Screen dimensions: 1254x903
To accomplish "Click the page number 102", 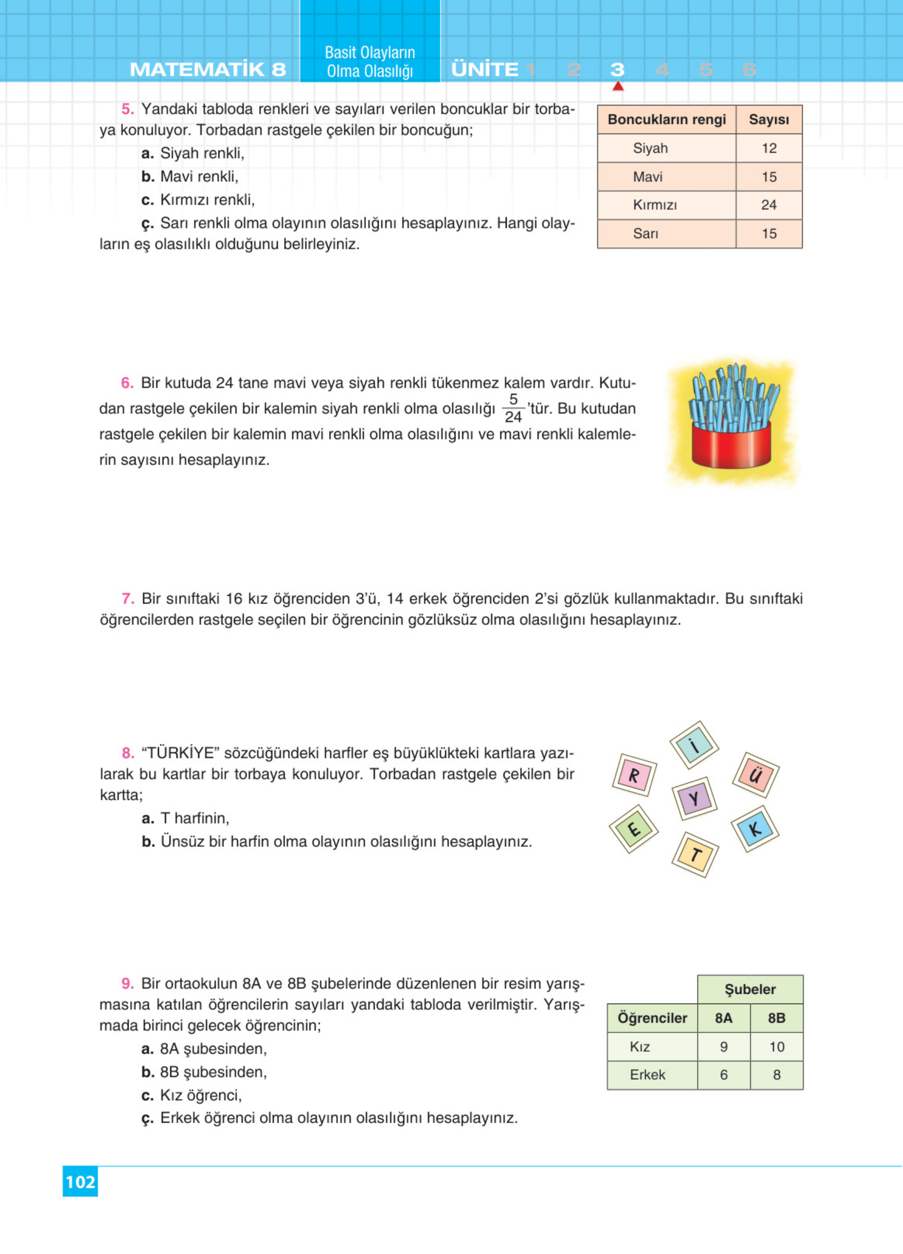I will coord(80,1182).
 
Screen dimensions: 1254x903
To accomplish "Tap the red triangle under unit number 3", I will coord(618,86).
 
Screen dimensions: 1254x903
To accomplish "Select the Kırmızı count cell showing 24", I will coord(768,205).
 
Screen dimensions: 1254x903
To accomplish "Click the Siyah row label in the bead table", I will coord(650,148).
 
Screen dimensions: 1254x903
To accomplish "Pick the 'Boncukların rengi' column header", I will coord(667,120).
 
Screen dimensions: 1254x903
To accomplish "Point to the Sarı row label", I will coord(645,234).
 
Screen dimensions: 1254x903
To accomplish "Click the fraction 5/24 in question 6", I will coord(513,408).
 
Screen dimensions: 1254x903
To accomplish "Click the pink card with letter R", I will coord(634,775).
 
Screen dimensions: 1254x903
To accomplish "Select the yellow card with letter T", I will coord(695,855).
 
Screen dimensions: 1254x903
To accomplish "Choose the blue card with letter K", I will coord(755,829).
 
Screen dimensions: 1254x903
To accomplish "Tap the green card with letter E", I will coord(634,829).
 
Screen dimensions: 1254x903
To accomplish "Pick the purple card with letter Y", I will coord(694,798).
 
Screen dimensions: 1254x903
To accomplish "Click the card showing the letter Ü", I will coord(756,775).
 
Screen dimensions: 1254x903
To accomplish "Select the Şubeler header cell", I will coord(750,989).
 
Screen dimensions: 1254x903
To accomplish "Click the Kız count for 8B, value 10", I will coord(776,1047).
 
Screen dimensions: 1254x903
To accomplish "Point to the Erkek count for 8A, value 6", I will coord(723,1075).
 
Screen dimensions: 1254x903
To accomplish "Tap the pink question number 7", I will coord(128,598).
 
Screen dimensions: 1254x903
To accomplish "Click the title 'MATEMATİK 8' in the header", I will coord(208,70).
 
